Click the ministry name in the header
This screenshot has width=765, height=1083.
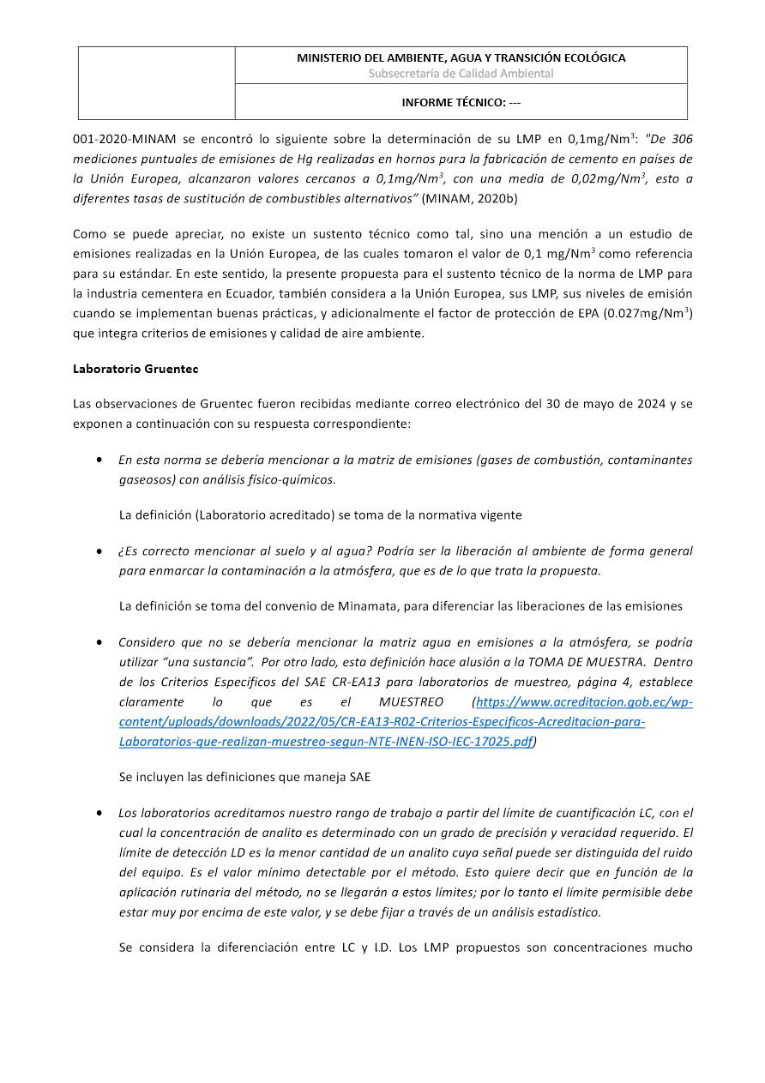click(461, 58)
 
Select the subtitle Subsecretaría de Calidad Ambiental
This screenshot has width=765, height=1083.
click(461, 74)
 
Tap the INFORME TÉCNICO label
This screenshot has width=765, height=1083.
click(461, 103)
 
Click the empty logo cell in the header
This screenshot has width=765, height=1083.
click(157, 82)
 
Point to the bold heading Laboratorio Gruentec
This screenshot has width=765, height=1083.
click(136, 369)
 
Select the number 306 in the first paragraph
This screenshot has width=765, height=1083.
click(683, 138)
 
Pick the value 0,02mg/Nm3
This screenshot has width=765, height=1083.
click(605, 178)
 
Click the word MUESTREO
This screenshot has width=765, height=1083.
click(410, 702)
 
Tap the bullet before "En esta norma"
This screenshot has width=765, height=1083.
click(100, 460)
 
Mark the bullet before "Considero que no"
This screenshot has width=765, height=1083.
click(100, 642)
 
